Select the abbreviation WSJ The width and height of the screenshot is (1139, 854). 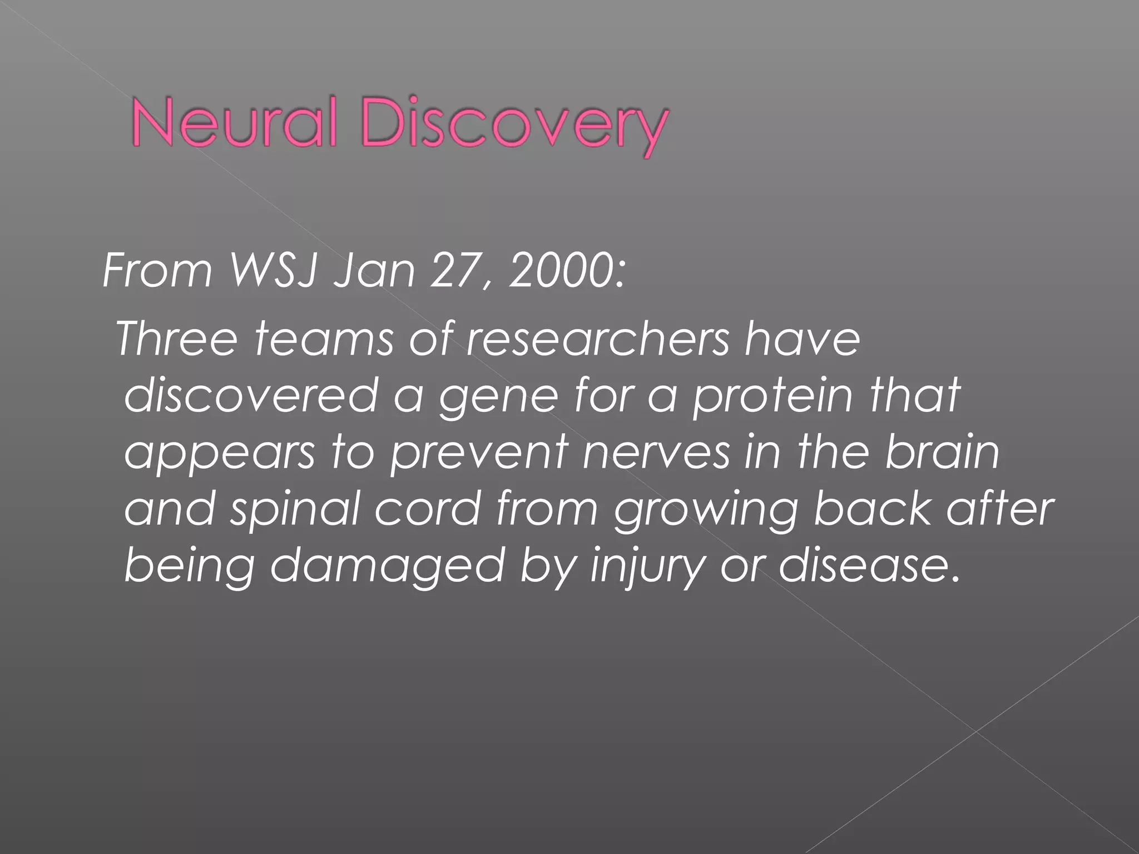pyautogui.click(x=273, y=271)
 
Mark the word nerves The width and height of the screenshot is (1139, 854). pyautogui.click(x=656, y=453)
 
